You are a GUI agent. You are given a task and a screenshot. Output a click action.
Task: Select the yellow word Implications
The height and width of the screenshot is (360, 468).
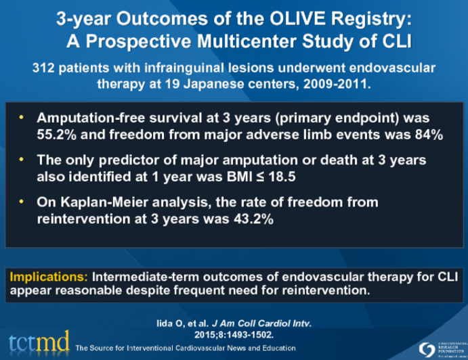coord(46,276)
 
